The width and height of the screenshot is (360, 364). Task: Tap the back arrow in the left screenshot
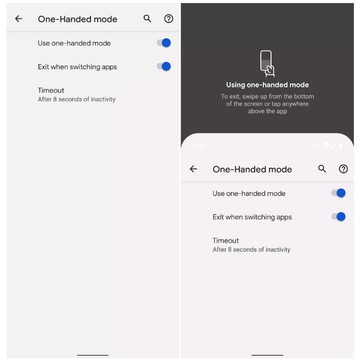click(18, 19)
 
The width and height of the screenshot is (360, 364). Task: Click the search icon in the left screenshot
click(147, 19)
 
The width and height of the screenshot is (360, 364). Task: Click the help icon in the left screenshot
click(169, 19)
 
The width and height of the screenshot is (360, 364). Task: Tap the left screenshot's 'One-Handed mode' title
click(78, 19)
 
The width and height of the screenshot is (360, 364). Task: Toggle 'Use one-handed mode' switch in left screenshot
click(164, 43)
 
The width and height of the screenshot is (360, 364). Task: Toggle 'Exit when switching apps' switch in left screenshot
click(164, 66)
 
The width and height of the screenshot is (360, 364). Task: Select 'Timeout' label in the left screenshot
click(51, 90)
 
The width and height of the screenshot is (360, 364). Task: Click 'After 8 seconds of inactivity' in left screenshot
click(77, 99)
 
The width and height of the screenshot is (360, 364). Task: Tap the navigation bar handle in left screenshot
click(93, 355)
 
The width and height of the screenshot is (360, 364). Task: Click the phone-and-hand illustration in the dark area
click(267, 63)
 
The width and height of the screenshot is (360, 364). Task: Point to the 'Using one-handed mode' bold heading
click(267, 85)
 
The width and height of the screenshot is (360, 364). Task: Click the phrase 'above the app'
click(267, 111)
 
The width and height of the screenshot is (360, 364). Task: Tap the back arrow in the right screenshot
click(193, 169)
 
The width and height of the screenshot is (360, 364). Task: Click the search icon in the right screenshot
click(322, 169)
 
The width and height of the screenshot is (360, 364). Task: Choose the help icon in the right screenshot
click(344, 169)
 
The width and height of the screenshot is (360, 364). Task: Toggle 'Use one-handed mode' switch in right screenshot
click(339, 193)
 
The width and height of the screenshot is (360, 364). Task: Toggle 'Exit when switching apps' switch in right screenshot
click(339, 217)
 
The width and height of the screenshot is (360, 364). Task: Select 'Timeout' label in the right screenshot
click(226, 241)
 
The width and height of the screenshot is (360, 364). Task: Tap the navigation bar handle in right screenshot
click(267, 355)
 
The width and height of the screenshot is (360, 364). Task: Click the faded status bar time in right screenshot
click(199, 146)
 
